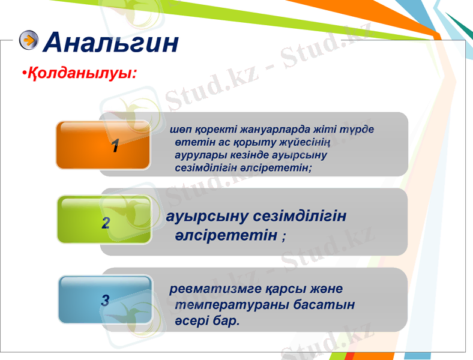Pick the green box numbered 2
point(104,220)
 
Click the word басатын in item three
point(324,305)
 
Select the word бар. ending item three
point(226,321)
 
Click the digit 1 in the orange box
point(115,146)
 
